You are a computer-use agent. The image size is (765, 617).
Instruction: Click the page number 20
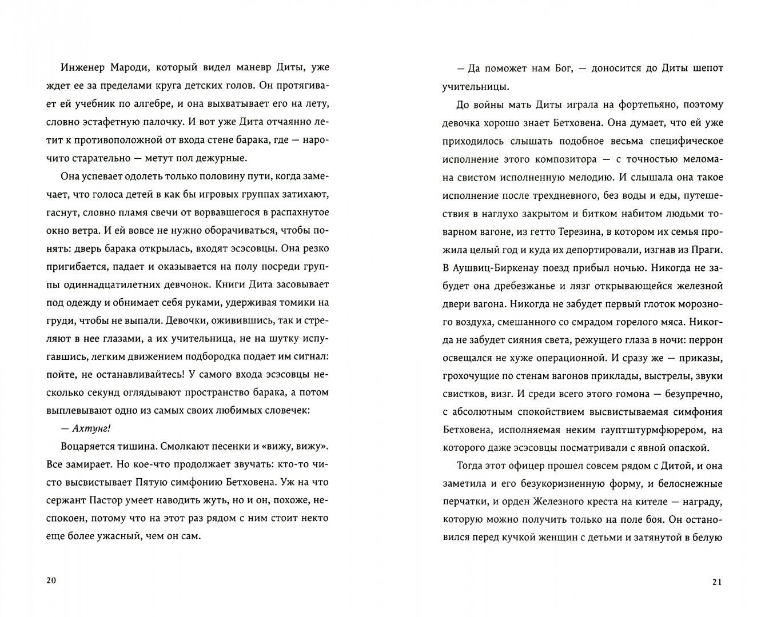click(x=50, y=580)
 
